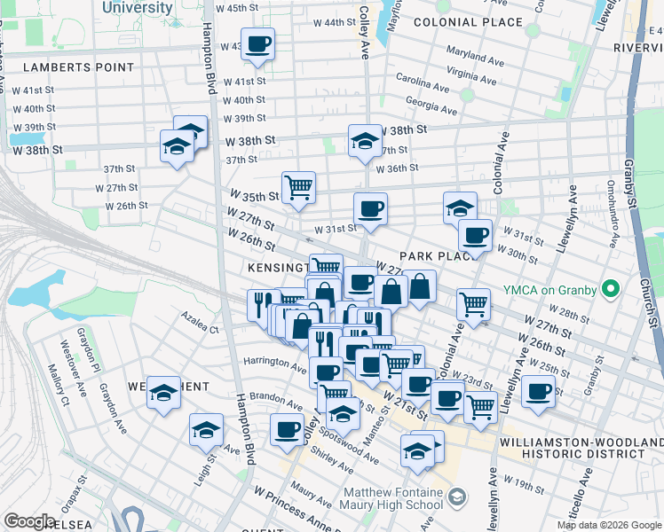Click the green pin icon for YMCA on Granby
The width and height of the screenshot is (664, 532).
click(x=610, y=289)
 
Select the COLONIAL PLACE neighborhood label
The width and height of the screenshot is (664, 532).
click(x=480, y=21)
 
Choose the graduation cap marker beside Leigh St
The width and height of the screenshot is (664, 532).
click(x=206, y=431)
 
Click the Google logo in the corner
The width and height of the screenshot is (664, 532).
click(x=29, y=521)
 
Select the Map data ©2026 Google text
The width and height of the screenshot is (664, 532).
click(x=609, y=525)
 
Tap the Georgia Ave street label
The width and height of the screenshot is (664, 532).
click(x=431, y=106)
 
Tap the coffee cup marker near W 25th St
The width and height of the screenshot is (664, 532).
click(x=537, y=391)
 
